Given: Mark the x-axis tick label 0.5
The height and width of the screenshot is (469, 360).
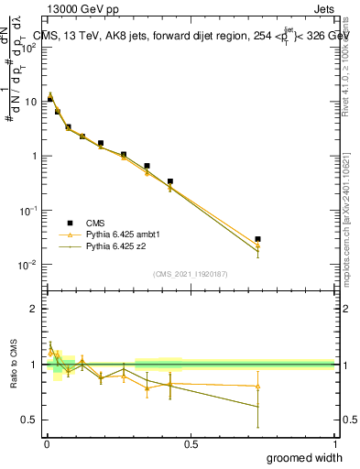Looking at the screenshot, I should tap(190, 443).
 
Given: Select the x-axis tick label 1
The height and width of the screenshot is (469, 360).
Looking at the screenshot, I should tap(333, 443).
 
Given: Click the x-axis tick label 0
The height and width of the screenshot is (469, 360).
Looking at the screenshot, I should tap(46, 443).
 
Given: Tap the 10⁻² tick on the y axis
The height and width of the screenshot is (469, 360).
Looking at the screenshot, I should tap(29, 265).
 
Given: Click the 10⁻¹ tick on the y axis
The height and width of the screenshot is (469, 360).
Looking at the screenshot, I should tap(29, 211).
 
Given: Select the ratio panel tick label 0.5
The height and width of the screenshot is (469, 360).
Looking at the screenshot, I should tap(29, 420).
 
